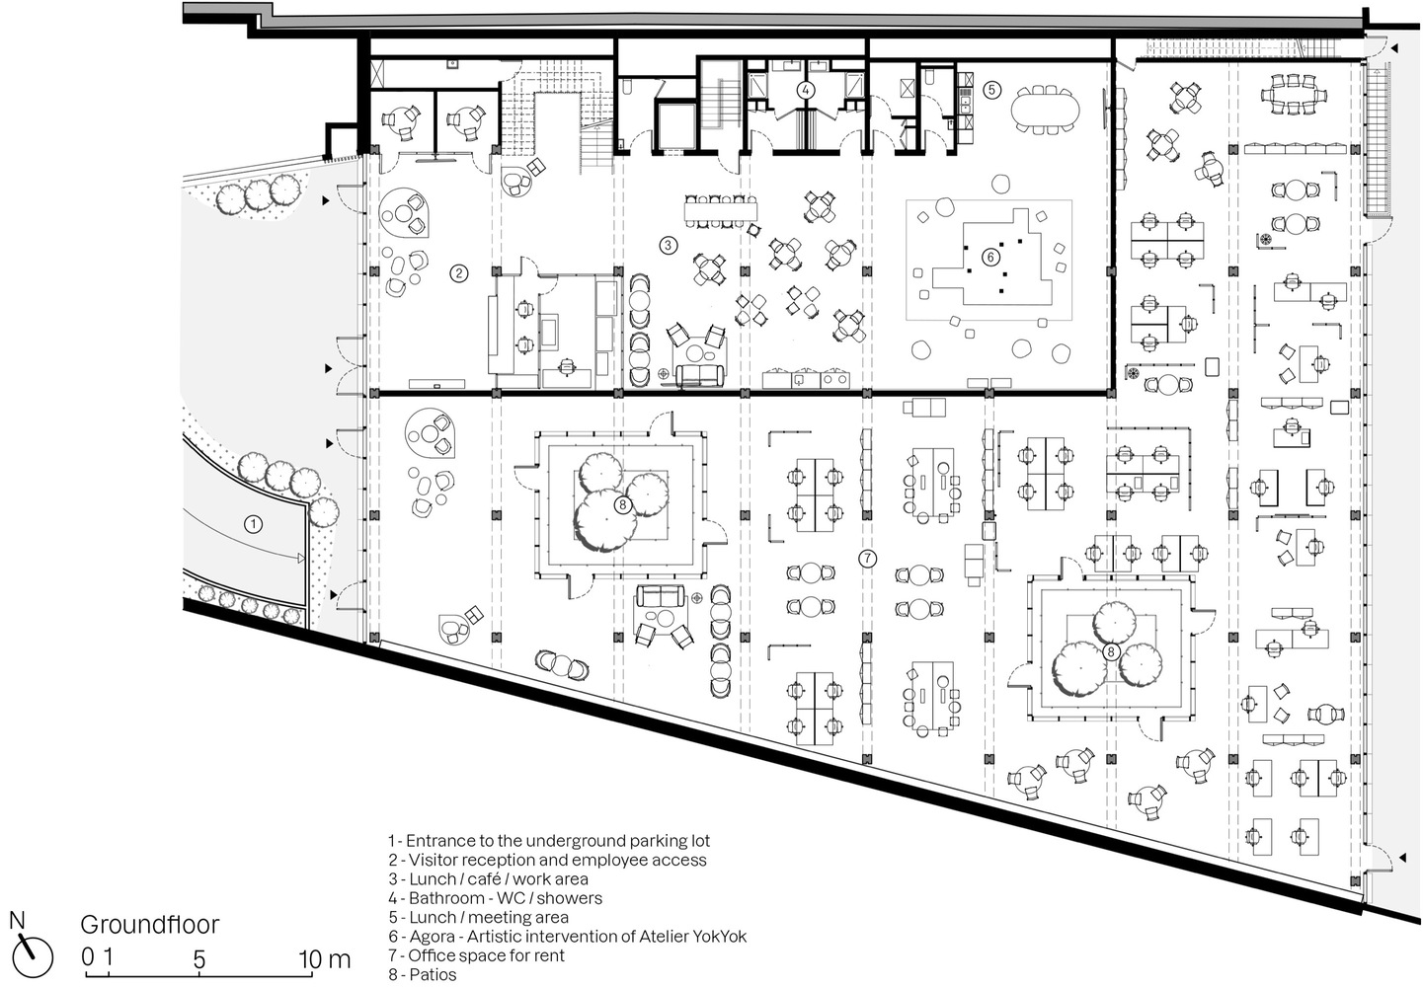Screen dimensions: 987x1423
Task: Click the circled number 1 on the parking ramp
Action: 253,524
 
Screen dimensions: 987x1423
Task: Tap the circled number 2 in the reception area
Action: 458,273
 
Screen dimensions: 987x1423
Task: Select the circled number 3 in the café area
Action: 669,245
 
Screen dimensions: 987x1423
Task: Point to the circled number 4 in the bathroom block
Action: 807,90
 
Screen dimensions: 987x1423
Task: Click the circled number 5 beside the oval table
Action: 992,90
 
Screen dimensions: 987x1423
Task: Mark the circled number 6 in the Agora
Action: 990,257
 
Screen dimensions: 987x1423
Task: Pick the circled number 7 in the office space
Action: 867,559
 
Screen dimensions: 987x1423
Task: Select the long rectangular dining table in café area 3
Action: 721,210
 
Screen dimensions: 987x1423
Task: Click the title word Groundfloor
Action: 149,925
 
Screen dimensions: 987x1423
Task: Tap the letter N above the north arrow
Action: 17,920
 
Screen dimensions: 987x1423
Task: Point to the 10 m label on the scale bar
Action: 325,958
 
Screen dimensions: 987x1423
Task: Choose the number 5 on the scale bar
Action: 199,958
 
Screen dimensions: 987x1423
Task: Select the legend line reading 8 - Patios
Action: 422,974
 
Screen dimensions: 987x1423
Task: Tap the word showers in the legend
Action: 568,898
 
